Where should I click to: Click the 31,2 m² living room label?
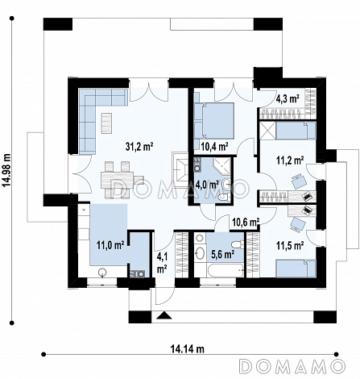click(139, 147)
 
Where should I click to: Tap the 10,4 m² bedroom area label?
click(214, 147)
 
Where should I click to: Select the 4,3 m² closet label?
click(288, 99)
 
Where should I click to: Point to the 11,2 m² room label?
click(290, 160)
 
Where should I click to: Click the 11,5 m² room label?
click(290, 245)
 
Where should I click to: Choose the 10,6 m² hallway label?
click(246, 222)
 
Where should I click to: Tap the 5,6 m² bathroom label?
click(223, 254)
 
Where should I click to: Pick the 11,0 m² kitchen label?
click(110, 245)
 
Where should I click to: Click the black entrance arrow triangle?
click(163, 315)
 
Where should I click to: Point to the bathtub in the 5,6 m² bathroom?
click(226, 270)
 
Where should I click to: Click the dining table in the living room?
click(118, 180)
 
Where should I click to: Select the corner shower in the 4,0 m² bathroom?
click(221, 166)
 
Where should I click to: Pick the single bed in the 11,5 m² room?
click(296, 269)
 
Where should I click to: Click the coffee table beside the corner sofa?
click(106, 123)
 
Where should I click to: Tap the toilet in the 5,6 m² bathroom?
click(238, 244)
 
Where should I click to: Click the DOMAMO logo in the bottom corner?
click(292, 366)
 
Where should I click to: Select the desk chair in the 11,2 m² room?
click(299, 181)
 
